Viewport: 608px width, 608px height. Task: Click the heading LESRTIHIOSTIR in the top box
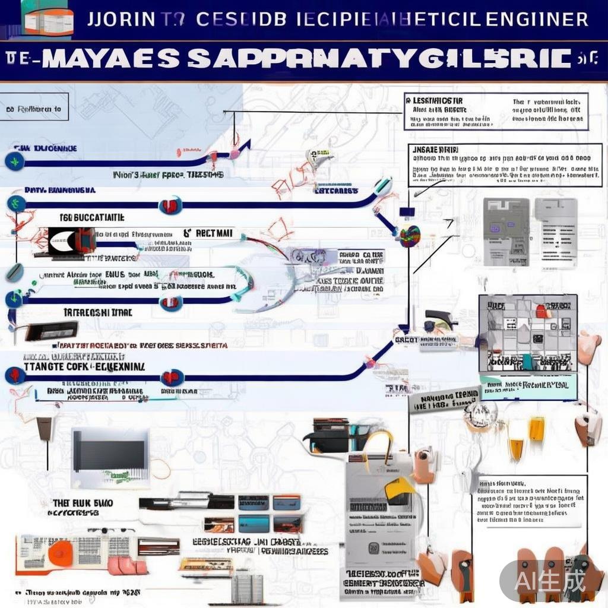click(435, 101)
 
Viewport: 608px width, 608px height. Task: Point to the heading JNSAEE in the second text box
click(434, 150)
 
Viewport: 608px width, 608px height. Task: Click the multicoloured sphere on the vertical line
click(410, 236)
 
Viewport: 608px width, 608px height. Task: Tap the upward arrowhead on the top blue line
click(235, 144)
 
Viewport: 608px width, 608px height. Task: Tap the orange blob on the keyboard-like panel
click(61, 553)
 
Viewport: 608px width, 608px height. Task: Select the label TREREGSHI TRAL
click(98, 312)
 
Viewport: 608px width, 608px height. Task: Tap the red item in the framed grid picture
click(541, 311)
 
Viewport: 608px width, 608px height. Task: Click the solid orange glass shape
click(537, 428)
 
